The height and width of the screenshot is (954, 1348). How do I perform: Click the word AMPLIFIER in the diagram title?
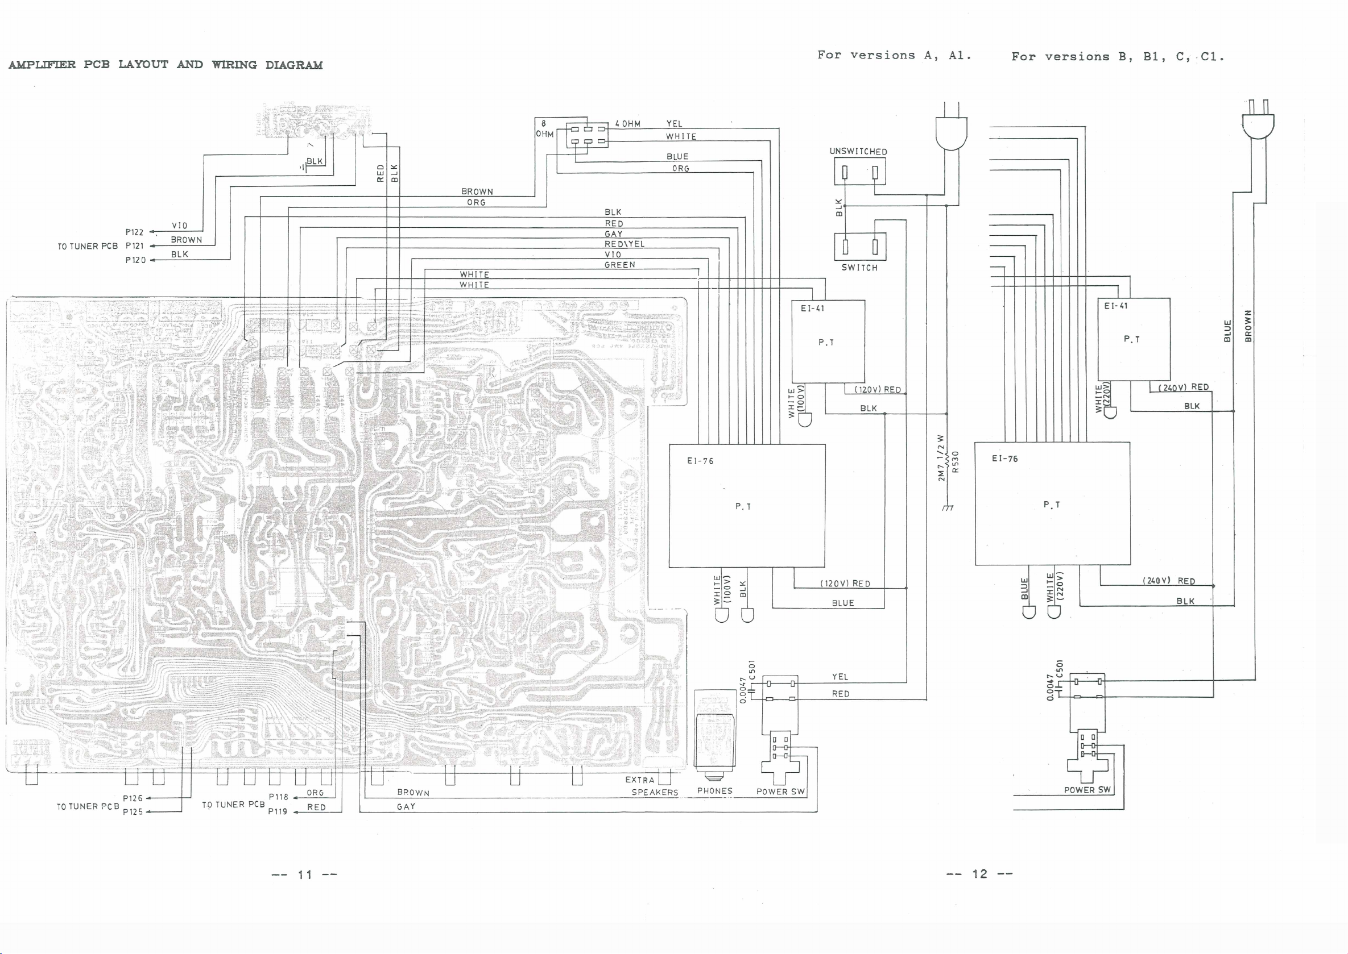(x=42, y=65)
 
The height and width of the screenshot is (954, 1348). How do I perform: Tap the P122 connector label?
(x=134, y=232)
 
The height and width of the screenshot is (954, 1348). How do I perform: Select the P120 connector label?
(x=135, y=260)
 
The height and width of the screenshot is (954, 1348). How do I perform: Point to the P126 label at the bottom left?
(x=133, y=798)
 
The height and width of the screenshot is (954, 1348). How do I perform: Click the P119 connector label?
(x=278, y=811)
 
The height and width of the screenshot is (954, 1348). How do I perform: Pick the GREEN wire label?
(x=619, y=265)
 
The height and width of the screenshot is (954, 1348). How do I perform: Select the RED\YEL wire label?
(x=625, y=244)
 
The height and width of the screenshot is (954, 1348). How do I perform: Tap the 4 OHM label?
(x=627, y=124)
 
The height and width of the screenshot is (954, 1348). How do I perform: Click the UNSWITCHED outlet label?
(x=858, y=152)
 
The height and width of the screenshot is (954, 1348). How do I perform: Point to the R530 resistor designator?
(x=956, y=462)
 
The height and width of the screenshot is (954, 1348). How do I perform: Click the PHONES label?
(x=715, y=791)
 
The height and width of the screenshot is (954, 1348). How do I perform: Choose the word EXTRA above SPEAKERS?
(x=640, y=780)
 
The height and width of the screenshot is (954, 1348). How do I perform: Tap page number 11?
(x=304, y=874)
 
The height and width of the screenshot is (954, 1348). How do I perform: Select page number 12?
(x=979, y=873)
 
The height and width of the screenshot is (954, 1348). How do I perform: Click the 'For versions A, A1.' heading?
(x=894, y=55)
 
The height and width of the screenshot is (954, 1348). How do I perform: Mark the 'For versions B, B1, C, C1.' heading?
(x=1118, y=57)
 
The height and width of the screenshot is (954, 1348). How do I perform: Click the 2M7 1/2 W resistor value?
(x=941, y=458)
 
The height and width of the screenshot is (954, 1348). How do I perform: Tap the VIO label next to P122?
(x=179, y=226)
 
